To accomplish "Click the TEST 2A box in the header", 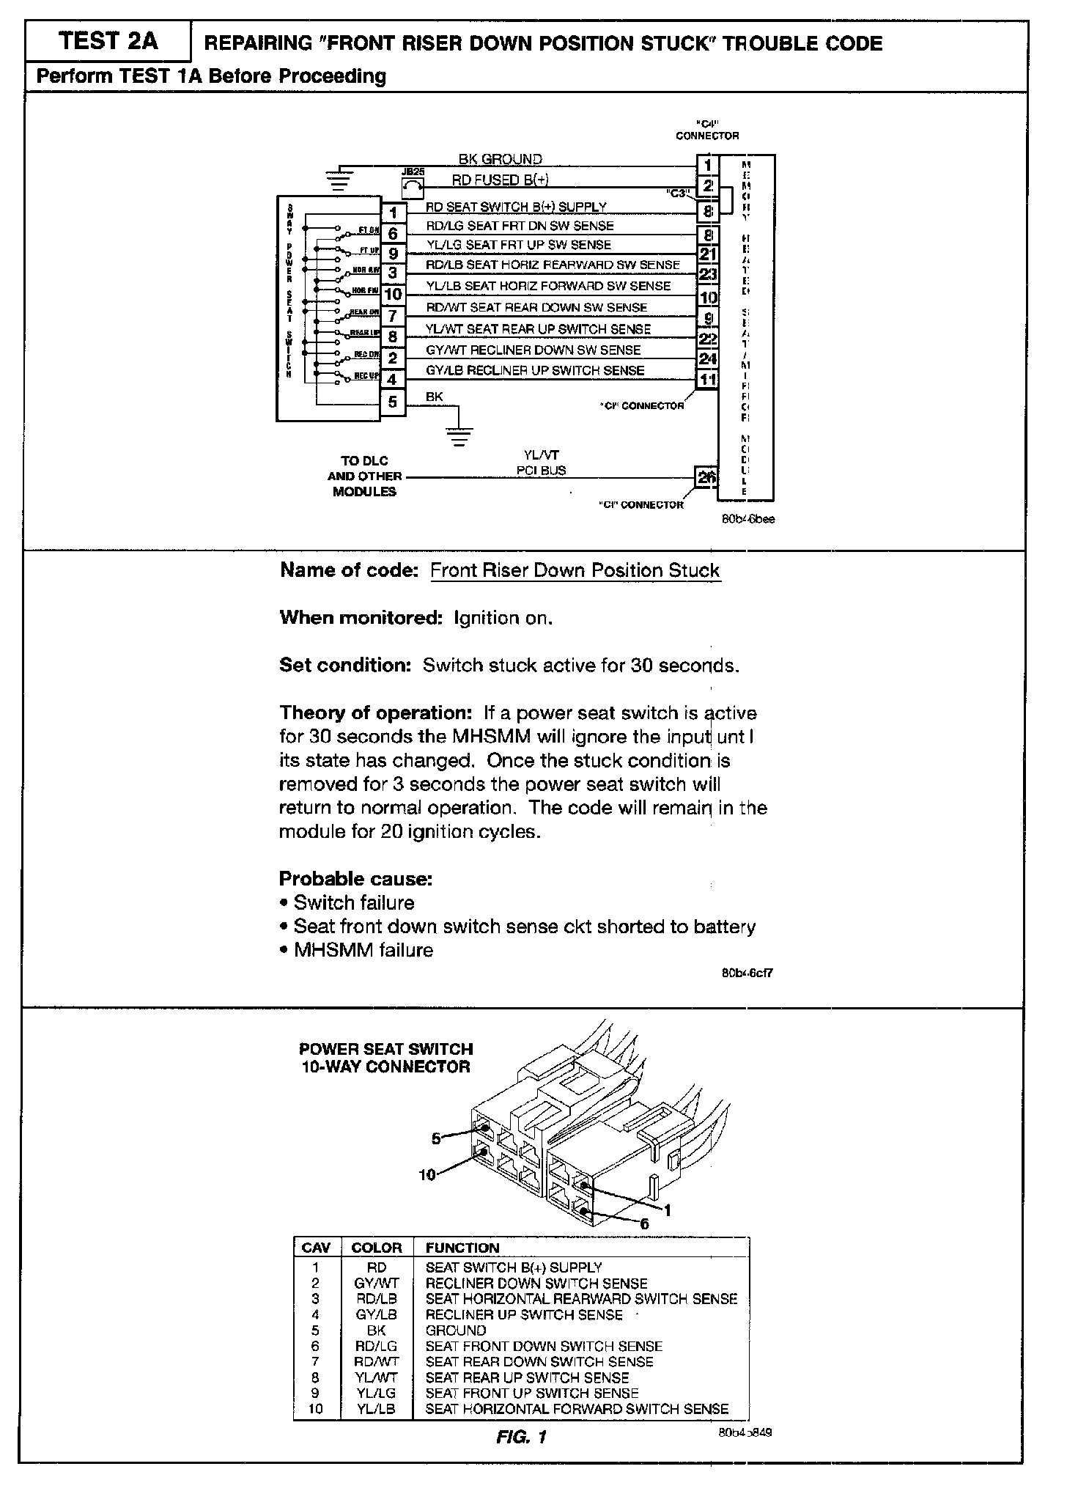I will point(108,41).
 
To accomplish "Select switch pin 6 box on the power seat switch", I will point(394,233).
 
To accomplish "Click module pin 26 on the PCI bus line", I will point(706,478).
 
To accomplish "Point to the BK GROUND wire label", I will point(500,159).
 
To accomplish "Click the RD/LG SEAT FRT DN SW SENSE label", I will point(520,226).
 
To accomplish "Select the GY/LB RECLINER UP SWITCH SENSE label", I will point(535,370).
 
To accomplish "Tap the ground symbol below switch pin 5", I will point(459,435).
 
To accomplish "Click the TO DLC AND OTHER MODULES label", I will point(364,476).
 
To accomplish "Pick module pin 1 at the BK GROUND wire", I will point(707,166).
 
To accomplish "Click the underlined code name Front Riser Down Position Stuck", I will point(575,570).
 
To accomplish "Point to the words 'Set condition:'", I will point(345,665).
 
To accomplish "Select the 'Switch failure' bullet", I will point(353,902).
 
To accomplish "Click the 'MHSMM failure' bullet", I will point(363,950).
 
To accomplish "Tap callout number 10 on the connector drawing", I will point(427,1174).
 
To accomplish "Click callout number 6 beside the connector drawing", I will point(644,1223).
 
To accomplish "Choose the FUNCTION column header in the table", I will point(462,1248).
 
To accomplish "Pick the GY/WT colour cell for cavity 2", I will point(376,1283).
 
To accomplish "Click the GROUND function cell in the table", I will point(455,1330).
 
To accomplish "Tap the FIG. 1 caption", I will point(521,1437).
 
